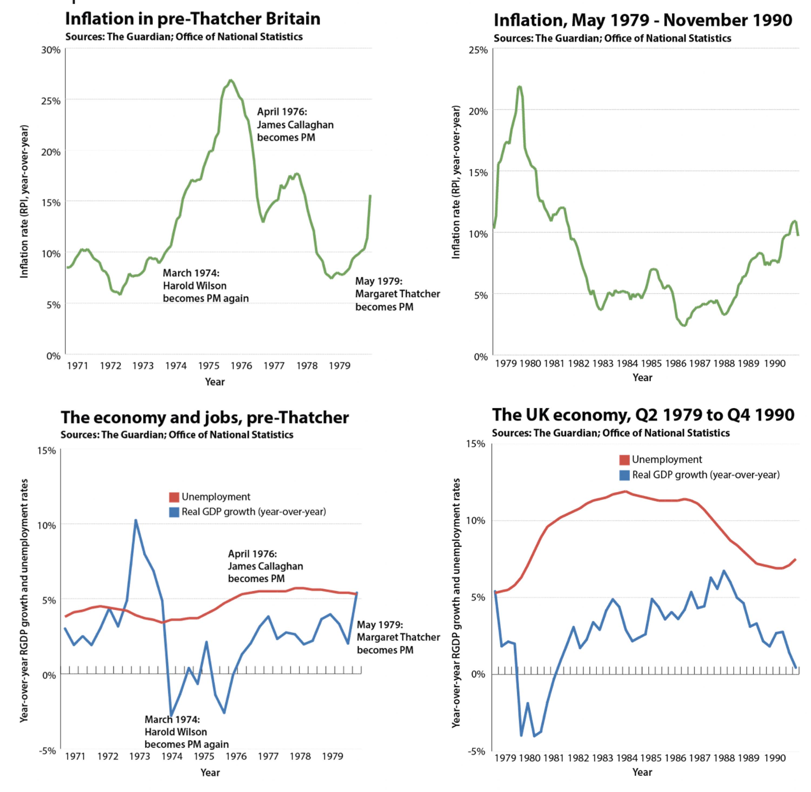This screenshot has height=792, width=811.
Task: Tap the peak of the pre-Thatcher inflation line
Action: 231,80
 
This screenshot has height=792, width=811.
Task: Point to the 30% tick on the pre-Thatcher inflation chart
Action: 51,50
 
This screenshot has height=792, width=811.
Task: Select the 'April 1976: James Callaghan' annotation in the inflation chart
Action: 295,124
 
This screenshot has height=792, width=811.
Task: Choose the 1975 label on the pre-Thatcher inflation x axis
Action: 208,366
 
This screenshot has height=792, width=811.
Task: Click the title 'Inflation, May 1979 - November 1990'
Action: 643,20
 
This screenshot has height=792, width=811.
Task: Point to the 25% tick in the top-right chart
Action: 478,50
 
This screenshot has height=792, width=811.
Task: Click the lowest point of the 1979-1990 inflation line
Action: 684,326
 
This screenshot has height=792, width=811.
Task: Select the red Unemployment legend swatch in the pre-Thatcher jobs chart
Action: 174,497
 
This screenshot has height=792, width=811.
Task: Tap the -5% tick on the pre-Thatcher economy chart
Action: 47,750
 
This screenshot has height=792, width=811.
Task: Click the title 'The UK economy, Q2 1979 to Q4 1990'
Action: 643,415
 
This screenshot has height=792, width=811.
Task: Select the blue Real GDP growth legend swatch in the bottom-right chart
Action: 624,475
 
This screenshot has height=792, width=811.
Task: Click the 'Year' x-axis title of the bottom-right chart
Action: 642,772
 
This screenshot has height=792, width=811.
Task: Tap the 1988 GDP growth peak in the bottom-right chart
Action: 724,571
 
